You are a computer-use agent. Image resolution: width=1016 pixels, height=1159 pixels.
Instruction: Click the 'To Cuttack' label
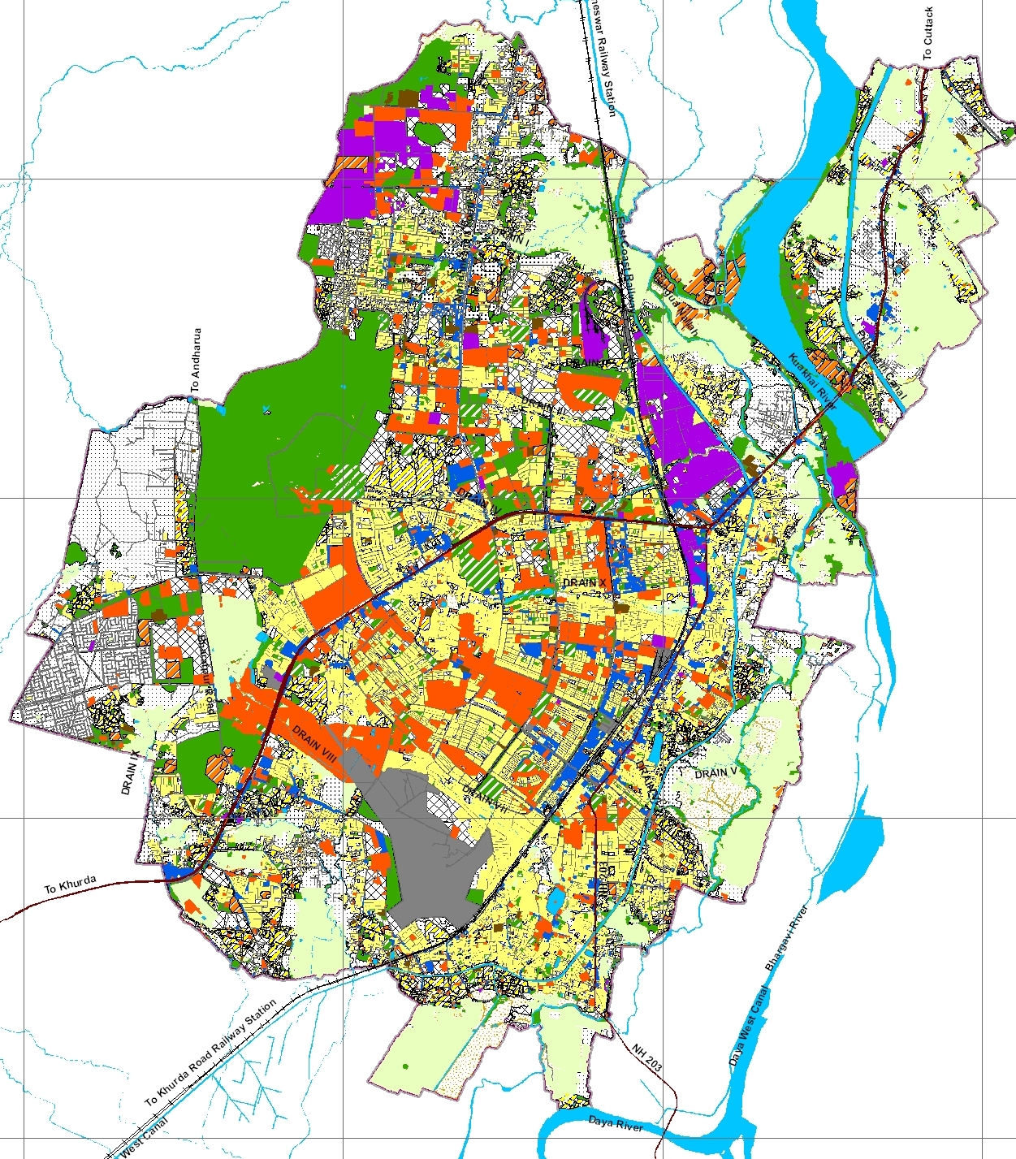(927, 33)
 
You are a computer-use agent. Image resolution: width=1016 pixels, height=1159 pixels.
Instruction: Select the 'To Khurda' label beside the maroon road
(71, 884)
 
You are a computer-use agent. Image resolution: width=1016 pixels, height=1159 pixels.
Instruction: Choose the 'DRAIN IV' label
(480, 499)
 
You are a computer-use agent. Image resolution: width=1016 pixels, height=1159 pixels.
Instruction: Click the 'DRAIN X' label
(585, 584)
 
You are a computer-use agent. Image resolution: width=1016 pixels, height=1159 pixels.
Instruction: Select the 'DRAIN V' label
(716, 772)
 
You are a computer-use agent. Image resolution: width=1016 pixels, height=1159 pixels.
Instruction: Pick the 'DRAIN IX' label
(130, 772)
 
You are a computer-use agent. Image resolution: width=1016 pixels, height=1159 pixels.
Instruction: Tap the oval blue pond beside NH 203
(557, 901)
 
